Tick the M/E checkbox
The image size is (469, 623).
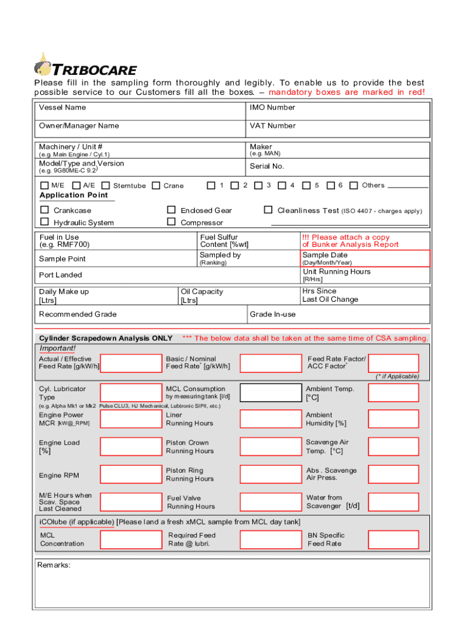point(44,186)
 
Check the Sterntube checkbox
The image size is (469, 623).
point(106,186)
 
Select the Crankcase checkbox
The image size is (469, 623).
point(44,211)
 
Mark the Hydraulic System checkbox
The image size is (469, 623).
point(44,223)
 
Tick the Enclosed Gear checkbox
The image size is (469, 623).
point(171,211)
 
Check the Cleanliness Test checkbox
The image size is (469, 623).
point(268,211)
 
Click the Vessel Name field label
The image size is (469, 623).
point(62,108)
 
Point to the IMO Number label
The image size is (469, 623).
point(272,108)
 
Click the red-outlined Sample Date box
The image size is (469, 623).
point(365,259)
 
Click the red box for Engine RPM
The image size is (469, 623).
point(130,475)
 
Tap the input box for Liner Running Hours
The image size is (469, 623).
point(270,419)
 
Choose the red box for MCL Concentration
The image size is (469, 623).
point(130,540)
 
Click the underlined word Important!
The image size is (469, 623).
point(57,349)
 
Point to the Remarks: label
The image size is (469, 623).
point(54,565)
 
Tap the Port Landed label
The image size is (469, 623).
point(60,275)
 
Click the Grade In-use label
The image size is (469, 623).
point(272,315)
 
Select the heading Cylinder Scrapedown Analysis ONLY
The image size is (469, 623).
point(105,338)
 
